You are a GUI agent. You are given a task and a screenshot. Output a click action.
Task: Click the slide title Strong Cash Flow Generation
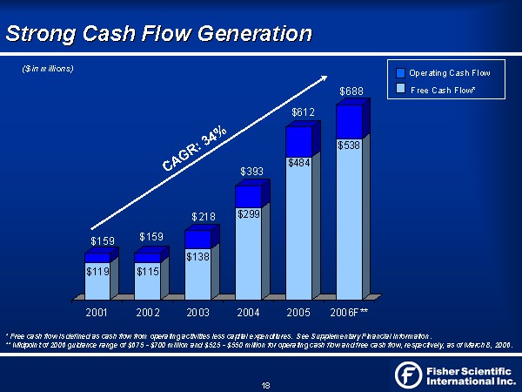158,34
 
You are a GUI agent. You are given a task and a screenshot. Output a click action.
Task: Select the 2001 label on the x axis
97,311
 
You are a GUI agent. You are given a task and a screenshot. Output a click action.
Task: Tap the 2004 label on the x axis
248,311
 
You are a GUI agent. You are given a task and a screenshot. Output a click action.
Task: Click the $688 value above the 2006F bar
351,91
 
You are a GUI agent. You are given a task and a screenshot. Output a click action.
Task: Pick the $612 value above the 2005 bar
302,112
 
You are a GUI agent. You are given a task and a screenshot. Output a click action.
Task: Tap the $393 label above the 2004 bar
252,172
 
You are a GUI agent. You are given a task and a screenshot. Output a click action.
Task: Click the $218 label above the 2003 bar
203,216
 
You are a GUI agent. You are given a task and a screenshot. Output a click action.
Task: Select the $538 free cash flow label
349,146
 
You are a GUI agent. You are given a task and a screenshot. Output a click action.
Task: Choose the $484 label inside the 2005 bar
298,163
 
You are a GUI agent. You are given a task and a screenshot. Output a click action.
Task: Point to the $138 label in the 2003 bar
198,257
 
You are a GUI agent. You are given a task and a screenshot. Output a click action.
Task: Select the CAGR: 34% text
193,149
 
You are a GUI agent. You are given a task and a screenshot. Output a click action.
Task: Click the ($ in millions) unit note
47,69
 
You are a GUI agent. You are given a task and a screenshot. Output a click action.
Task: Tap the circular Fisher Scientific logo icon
409,375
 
